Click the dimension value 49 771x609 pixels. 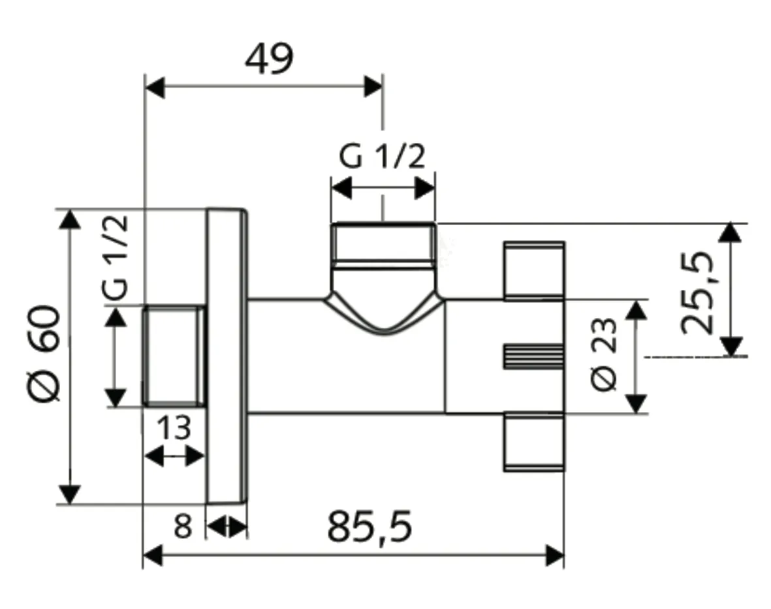pos(269,59)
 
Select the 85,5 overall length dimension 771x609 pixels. pos(370,527)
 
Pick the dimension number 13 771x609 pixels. pos(174,428)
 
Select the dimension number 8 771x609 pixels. pos(183,526)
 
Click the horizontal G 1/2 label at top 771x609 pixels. pos(382,157)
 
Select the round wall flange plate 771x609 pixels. pos(227,356)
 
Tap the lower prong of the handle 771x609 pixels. pos(533,442)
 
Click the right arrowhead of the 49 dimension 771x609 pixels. pos(373,86)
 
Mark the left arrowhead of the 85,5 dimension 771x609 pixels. pos(152,556)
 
